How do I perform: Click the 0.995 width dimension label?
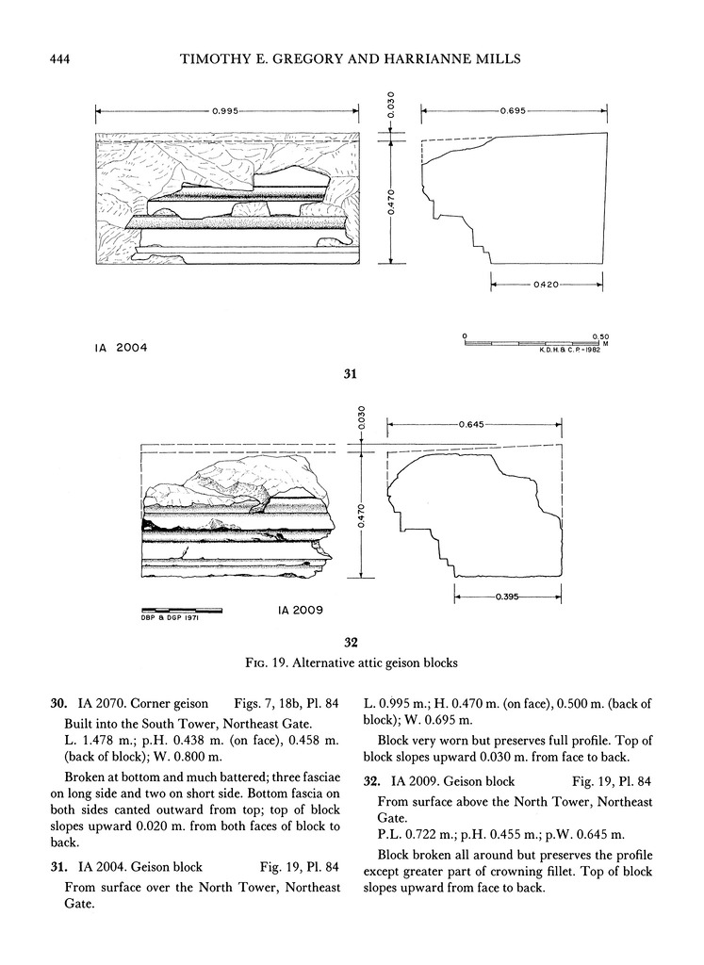(224, 111)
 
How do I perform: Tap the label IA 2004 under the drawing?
(122, 348)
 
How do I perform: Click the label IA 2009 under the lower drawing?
(301, 610)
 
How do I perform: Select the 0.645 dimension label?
(473, 426)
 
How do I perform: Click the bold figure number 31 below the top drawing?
(350, 375)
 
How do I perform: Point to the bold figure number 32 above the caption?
(350, 643)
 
